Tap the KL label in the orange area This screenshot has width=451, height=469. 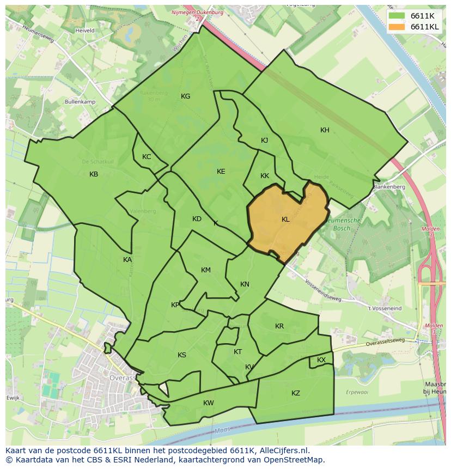pos(285,220)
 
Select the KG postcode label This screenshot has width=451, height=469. pos(185,96)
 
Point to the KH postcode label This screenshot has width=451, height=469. pos(325,130)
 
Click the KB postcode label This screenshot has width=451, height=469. pos(94,174)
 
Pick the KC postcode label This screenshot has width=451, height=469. pos(147,157)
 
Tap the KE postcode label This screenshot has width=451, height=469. pos(221,172)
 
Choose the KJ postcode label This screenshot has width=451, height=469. pos(264,141)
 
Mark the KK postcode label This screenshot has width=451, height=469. pos(265,176)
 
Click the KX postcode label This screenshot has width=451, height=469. pos(321,360)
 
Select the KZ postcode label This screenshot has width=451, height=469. pos(296,393)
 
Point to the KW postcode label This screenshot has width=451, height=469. pos(208,403)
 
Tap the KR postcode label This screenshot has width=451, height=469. pos(279,326)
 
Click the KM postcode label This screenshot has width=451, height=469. pos(205,270)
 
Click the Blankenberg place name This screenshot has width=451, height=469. pos(389,186)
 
